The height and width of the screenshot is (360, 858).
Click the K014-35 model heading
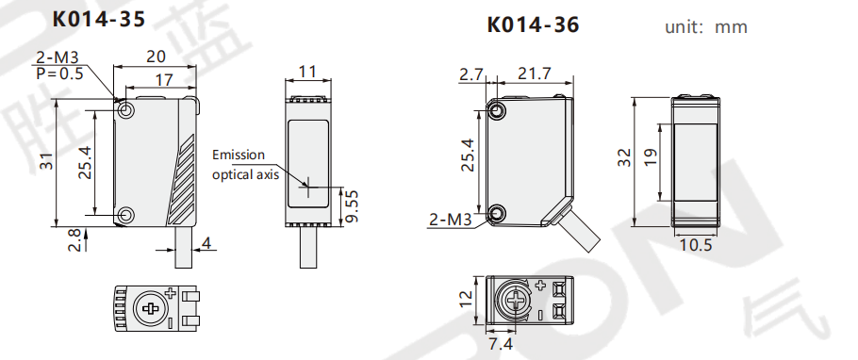tap(98, 19)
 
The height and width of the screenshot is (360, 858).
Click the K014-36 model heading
tap(533, 25)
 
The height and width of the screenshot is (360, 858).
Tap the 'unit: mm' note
tap(706, 26)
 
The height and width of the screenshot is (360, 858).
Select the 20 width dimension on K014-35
tap(156, 57)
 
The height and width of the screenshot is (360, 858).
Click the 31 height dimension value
tap(47, 161)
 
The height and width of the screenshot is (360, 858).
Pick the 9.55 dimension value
tap(353, 205)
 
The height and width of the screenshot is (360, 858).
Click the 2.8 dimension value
tap(74, 239)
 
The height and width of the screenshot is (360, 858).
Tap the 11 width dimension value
tap(307, 72)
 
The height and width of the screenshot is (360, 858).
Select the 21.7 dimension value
tap(535, 74)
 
